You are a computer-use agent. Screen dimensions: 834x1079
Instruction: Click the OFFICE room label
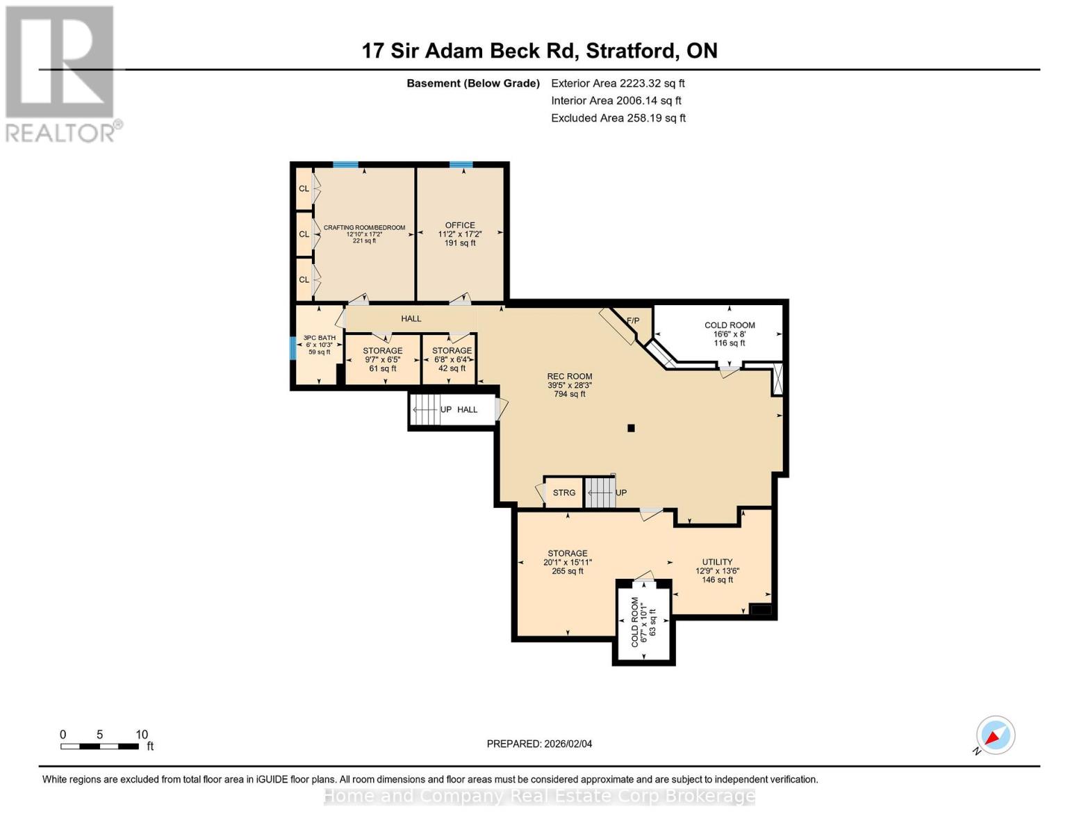pyautogui.click(x=460, y=226)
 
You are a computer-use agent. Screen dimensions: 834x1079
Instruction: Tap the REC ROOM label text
pyautogui.click(x=569, y=377)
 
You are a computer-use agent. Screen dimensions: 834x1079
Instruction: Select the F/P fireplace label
pyautogui.click(x=632, y=321)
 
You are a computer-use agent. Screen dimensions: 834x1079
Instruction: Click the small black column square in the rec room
pyautogui.click(x=631, y=428)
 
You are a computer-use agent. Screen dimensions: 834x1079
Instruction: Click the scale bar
pyautogui.click(x=99, y=746)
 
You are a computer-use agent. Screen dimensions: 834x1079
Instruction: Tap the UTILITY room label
pyautogui.click(x=717, y=562)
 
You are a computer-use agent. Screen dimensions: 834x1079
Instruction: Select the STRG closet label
pyautogui.click(x=563, y=493)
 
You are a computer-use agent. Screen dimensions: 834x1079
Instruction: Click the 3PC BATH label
pyautogui.click(x=319, y=338)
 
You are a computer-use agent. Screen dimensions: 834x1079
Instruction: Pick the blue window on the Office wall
pyautogui.click(x=461, y=165)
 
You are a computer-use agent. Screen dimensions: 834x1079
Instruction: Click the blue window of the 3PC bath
pyautogui.click(x=293, y=347)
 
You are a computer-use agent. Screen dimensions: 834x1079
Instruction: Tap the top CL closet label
pyautogui.click(x=304, y=189)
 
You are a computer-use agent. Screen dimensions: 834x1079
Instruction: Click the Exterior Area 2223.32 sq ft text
pyautogui.click(x=618, y=83)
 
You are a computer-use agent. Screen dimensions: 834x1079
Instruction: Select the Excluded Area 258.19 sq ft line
pyautogui.click(x=618, y=118)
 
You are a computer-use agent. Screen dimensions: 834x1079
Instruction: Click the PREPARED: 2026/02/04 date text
pyautogui.click(x=539, y=744)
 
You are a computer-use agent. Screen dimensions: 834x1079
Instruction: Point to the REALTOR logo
pyautogui.click(x=60, y=73)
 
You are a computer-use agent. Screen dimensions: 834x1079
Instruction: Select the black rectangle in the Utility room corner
pyautogui.click(x=761, y=610)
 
